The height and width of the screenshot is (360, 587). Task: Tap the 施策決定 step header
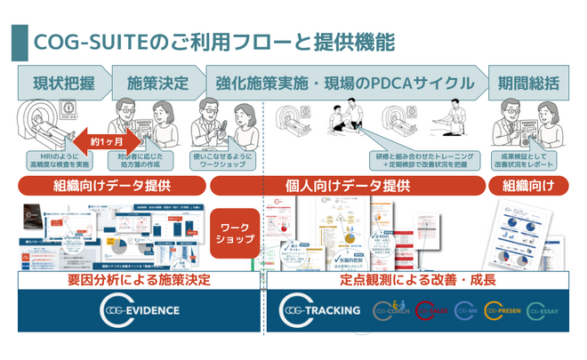coord(158,85)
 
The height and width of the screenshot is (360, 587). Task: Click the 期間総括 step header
coord(529,85)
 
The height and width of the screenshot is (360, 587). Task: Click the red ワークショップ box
coord(235,234)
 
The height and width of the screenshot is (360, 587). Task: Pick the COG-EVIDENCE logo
coord(140,310)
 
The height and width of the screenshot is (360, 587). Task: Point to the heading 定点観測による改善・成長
coord(418,280)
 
